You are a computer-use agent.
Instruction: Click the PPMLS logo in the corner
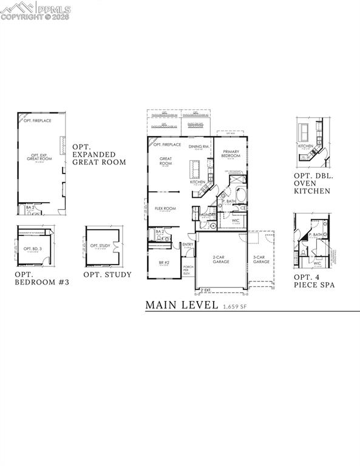click(36, 10)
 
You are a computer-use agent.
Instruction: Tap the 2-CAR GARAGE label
click(219, 259)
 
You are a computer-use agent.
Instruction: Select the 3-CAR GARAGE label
click(261, 259)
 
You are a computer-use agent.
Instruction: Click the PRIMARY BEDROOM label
click(231, 154)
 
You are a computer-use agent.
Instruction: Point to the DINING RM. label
click(199, 146)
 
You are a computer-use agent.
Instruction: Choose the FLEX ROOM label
click(165, 208)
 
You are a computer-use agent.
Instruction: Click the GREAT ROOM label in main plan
click(166, 161)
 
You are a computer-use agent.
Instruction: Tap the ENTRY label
click(188, 245)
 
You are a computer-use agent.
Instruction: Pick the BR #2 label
click(163, 263)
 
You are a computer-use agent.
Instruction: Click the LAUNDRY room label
click(208, 215)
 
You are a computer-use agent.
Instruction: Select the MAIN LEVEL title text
click(182, 305)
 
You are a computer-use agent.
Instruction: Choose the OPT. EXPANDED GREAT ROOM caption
click(99, 155)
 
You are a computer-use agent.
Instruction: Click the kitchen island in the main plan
click(196, 167)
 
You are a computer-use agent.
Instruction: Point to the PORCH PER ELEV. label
click(188, 269)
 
